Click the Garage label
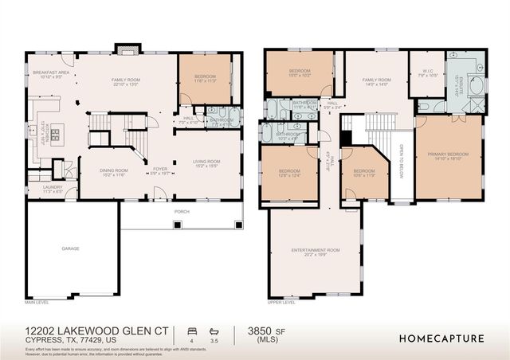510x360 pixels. [x=70, y=248]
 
